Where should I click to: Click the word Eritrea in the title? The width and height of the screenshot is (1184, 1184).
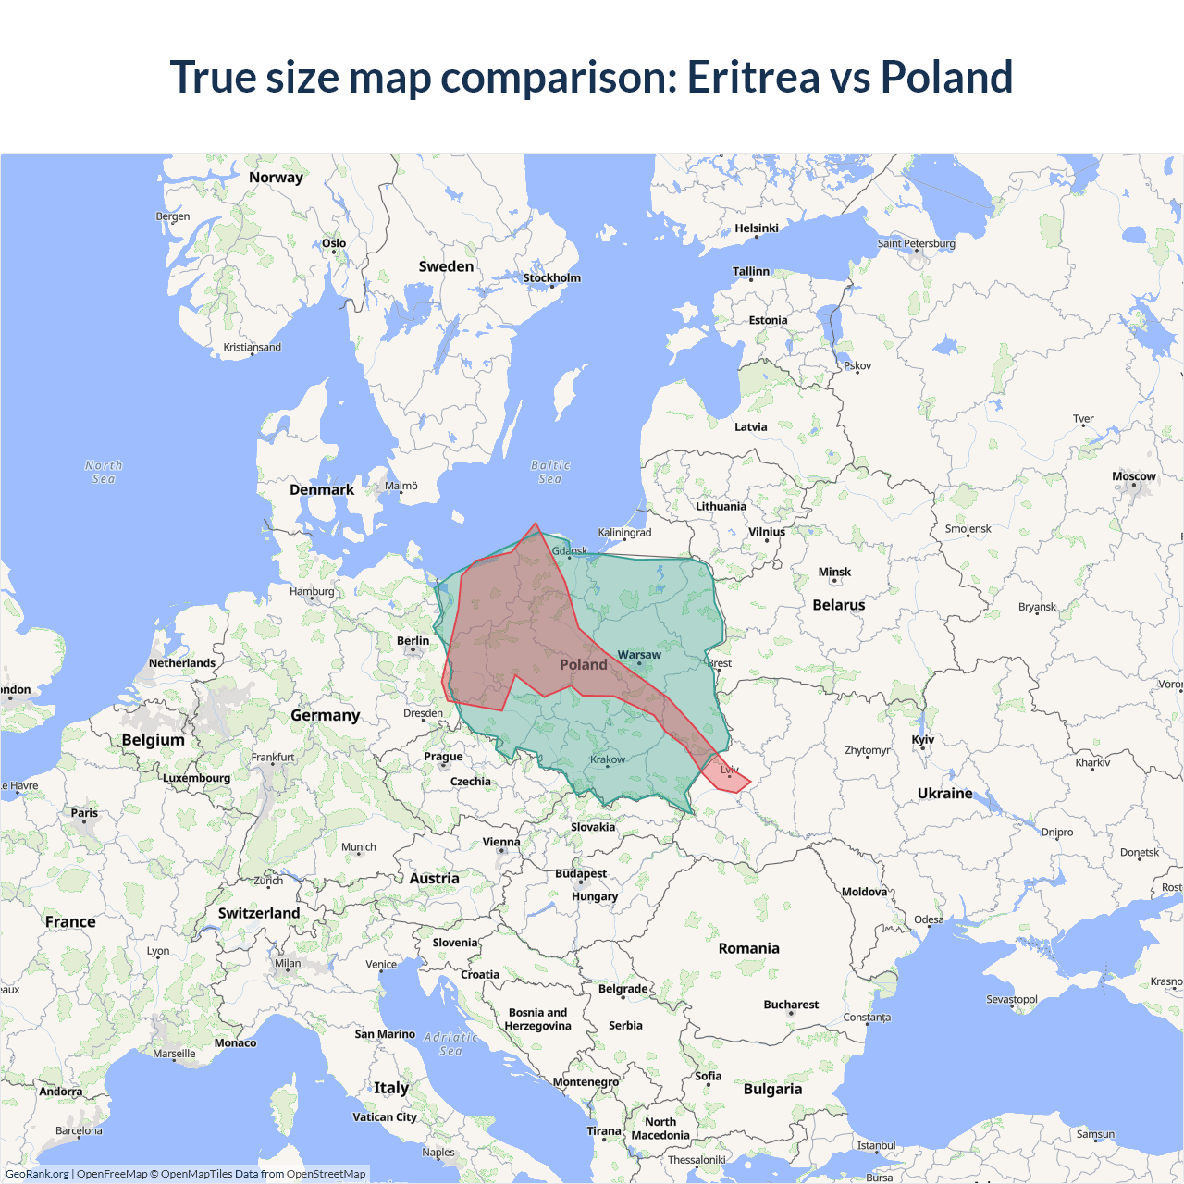click(x=753, y=77)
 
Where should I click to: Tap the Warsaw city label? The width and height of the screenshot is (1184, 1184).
click(x=639, y=655)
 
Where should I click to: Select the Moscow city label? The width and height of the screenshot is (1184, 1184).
click(x=1133, y=476)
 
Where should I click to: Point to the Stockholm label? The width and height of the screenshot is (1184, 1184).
click(x=551, y=277)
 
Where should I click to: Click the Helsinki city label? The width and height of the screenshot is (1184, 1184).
click(x=756, y=228)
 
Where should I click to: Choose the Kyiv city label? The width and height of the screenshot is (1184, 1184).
click(x=922, y=739)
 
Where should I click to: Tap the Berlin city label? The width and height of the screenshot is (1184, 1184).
click(x=413, y=641)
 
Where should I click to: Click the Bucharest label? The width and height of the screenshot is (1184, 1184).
click(x=791, y=1005)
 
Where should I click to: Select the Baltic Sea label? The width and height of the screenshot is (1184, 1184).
click(x=550, y=472)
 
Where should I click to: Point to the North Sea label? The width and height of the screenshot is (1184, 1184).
click(x=104, y=472)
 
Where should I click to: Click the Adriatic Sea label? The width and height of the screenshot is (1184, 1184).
click(x=450, y=1044)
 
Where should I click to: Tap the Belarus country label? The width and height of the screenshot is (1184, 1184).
click(x=838, y=605)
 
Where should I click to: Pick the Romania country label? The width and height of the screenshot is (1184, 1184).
click(x=748, y=948)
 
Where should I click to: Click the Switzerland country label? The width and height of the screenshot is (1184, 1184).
click(x=259, y=913)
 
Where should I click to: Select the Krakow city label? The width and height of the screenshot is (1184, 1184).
click(x=608, y=759)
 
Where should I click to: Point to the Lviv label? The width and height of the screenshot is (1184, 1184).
click(x=730, y=770)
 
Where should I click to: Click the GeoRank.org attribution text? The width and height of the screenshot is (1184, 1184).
click(x=37, y=1174)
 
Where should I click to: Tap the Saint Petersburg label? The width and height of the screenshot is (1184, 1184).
click(x=916, y=243)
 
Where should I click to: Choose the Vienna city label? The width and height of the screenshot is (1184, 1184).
click(x=501, y=842)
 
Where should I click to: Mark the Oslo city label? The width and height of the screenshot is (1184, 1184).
click(x=334, y=243)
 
